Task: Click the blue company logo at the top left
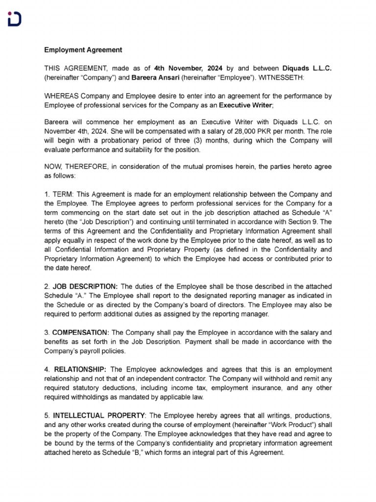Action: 15,20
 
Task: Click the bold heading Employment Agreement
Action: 83,50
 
